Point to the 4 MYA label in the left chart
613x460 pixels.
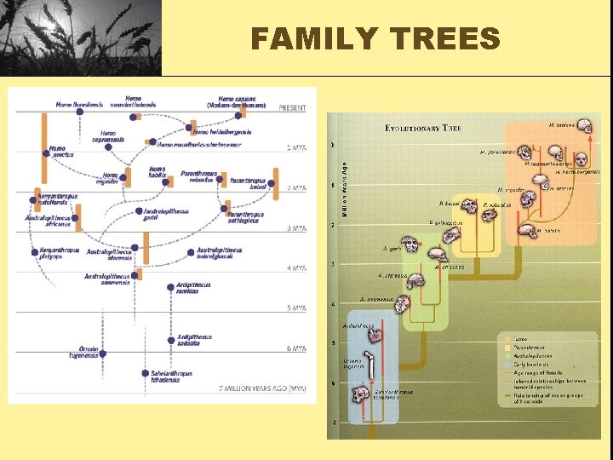(x=295, y=268)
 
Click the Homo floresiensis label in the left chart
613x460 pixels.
(x=79, y=105)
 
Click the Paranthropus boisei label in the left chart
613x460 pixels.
(x=248, y=185)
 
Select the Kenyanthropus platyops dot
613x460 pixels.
(x=35, y=251)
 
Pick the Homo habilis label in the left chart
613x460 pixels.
(x=157, y=172)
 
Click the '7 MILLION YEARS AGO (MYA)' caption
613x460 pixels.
(x=263, y=388)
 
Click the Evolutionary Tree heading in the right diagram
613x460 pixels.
(x=423, y=128)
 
